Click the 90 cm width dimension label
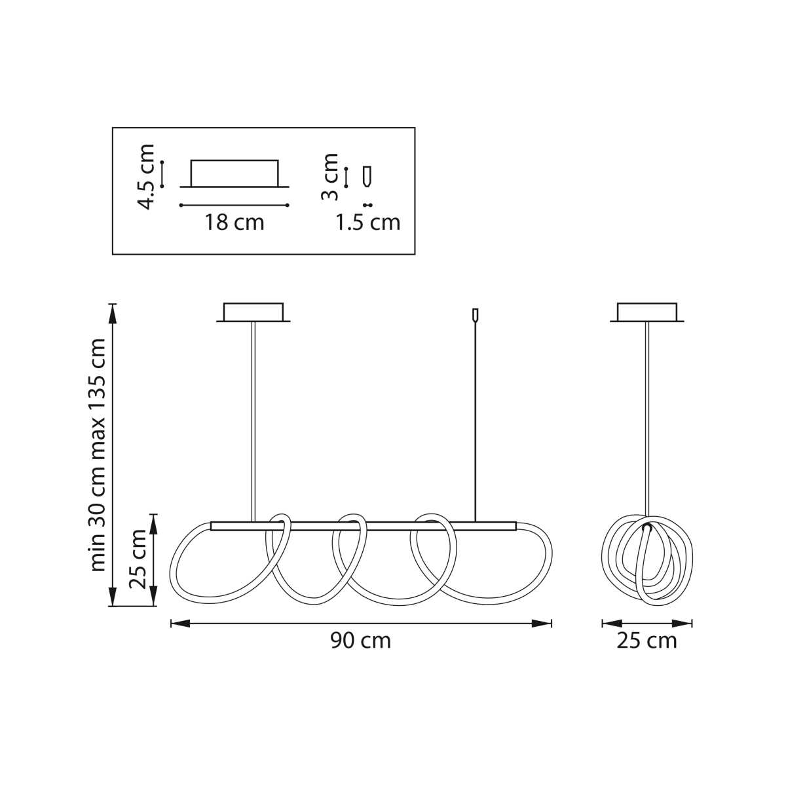pos(360,641)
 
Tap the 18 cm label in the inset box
pos(234,223)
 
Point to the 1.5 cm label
pos(367,223)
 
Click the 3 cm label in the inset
pos(329,177)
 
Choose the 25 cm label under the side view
pos(646,641)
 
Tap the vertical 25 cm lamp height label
pos(138,559)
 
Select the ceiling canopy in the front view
pos(253,312)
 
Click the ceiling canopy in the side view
pos(647,312)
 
